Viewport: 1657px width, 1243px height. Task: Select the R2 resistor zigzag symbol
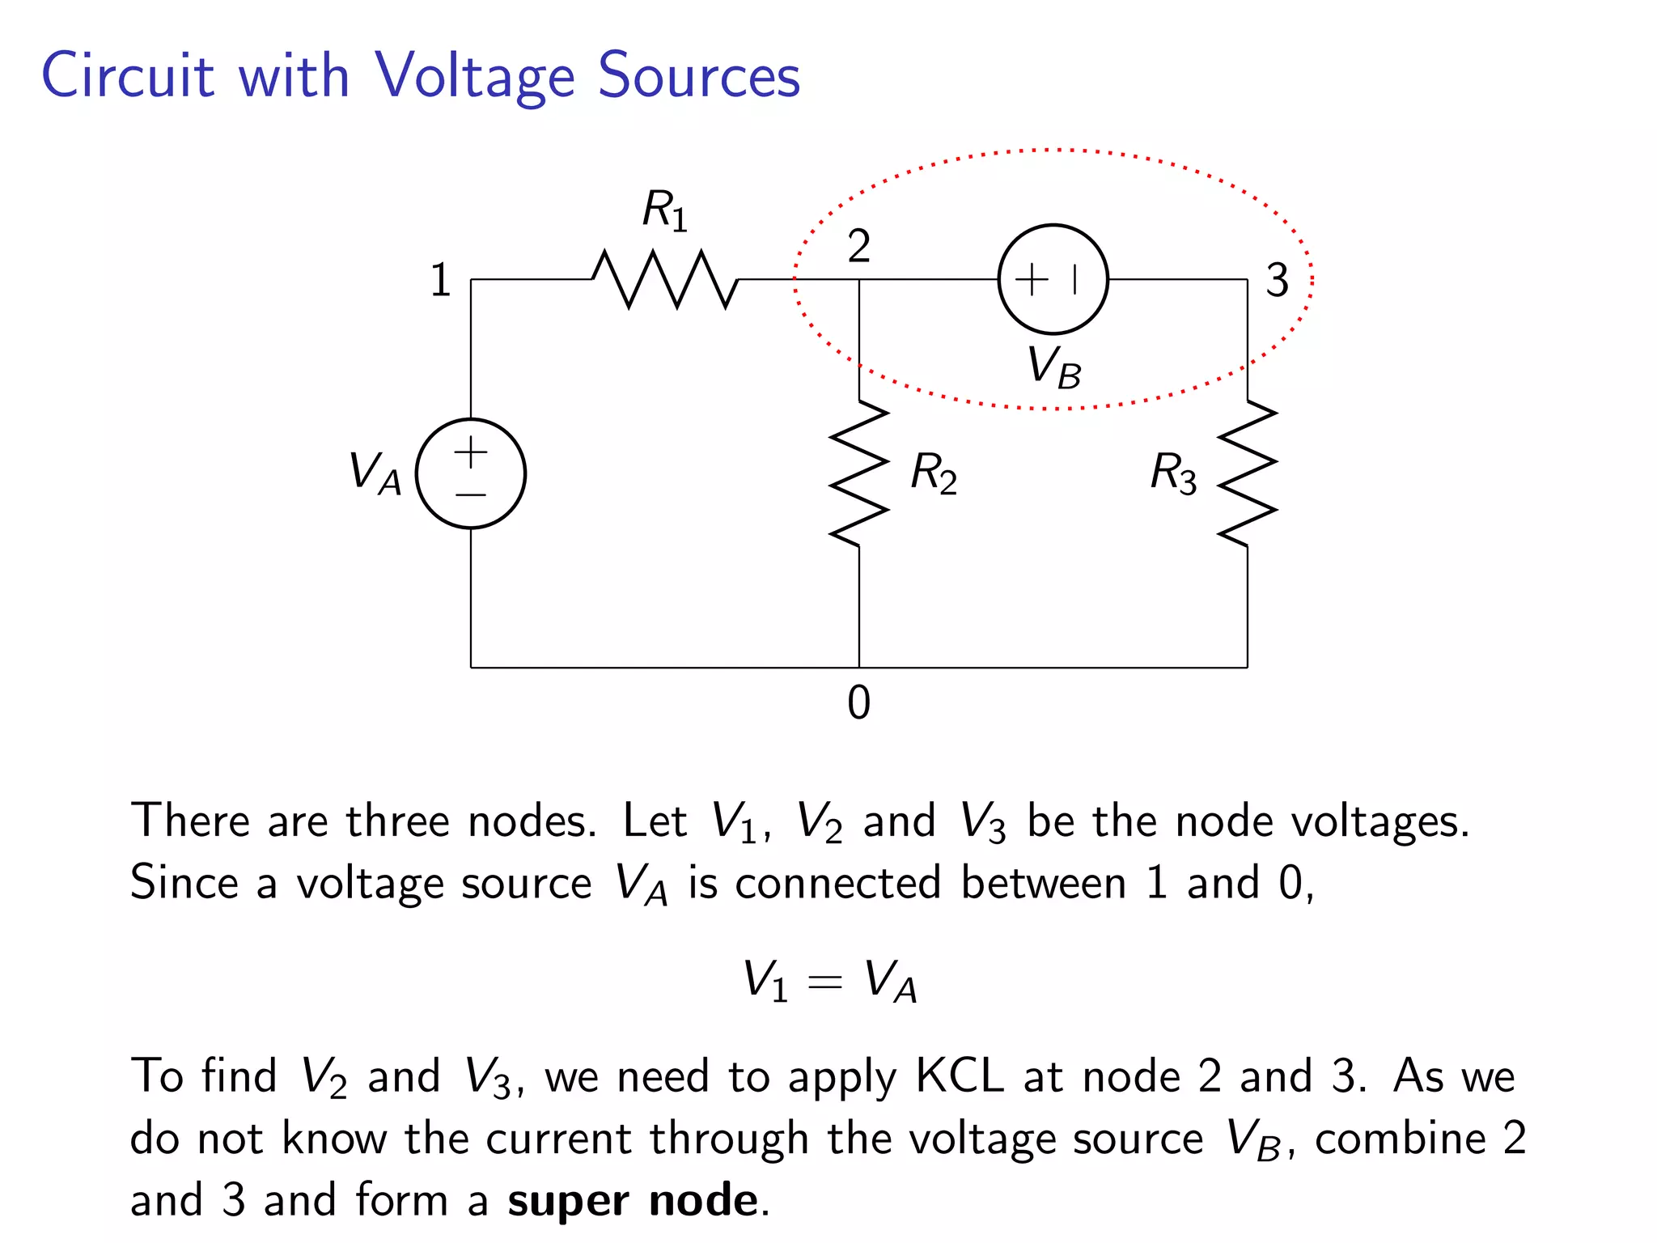(859, 473)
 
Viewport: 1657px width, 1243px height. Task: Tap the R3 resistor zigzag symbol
(1248, 473)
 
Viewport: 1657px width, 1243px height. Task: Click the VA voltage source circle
(471, 473)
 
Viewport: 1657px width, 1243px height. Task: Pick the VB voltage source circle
(1053, 279)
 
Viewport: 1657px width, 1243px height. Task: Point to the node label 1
(440, 281)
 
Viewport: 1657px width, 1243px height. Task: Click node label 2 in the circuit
(858, 245)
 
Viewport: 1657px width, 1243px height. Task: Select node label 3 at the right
(1277, 281)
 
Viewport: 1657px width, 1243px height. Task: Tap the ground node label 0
(858, 702)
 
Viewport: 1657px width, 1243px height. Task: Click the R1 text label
(664, 210)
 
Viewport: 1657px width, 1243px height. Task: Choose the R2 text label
(933, 473)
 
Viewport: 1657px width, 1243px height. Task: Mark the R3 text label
(1173, 473)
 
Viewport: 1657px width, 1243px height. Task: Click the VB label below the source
(1053, 368)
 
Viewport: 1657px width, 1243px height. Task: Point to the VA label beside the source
(375, 473)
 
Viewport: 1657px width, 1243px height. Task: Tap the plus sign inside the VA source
(471, 452)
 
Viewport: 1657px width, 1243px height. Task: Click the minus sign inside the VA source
(471, 494)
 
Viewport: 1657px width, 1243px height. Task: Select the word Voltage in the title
(474, 77)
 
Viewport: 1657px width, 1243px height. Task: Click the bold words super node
(633, 1199)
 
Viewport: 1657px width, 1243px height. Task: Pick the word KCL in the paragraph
(959, 1076)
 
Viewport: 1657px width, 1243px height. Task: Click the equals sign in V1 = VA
(825, 982)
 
